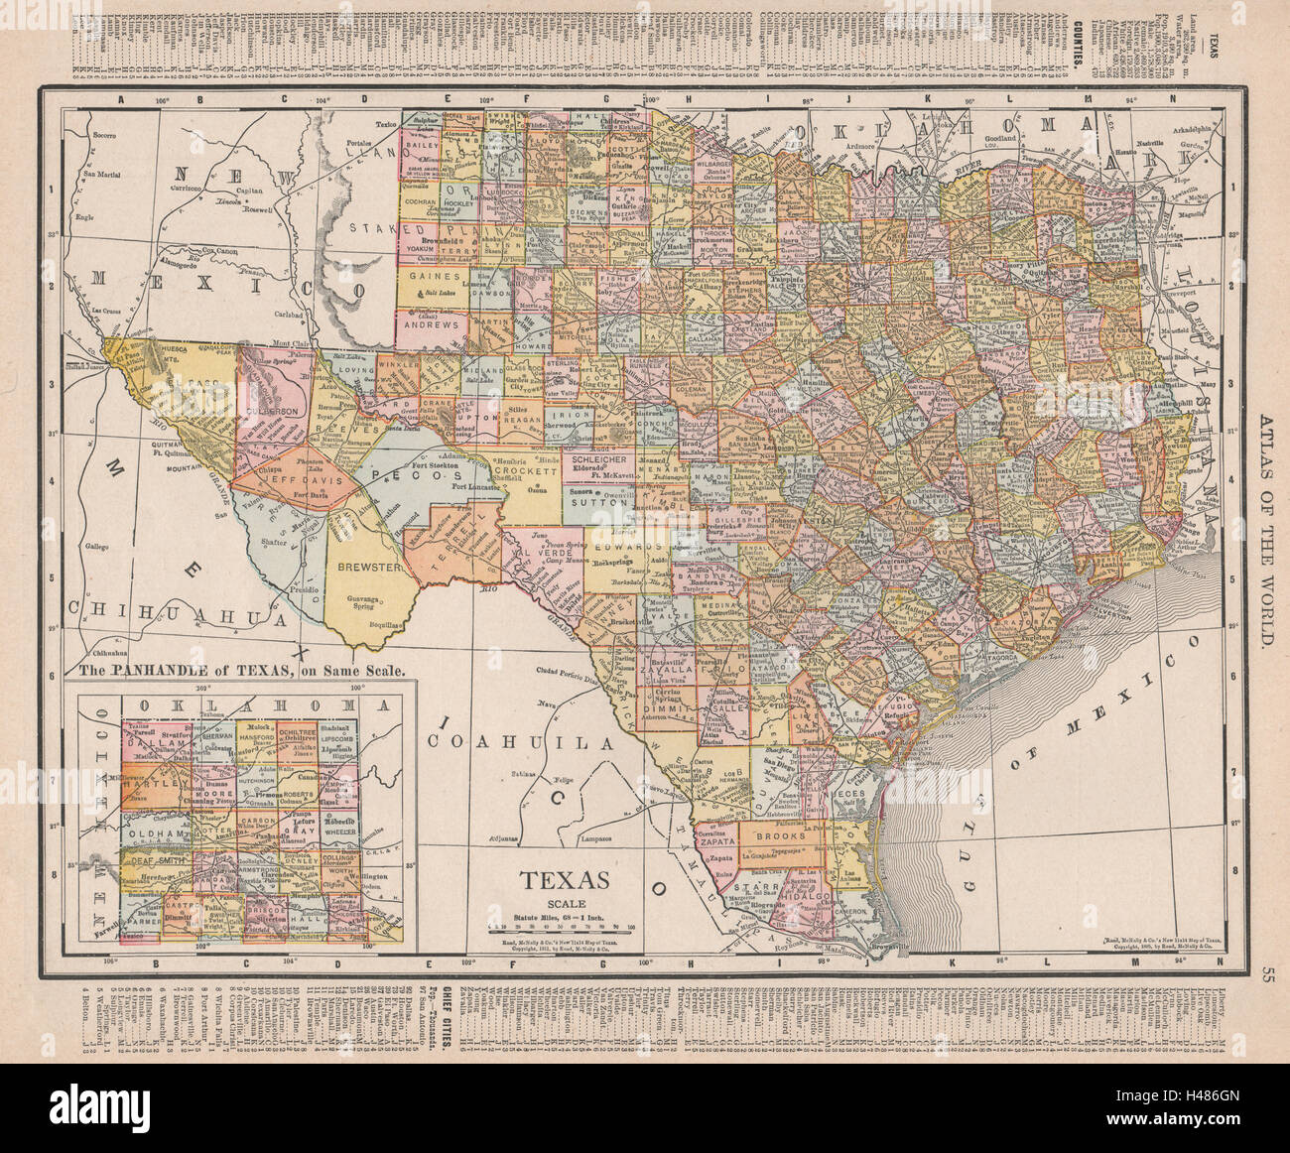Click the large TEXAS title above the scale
(566, 880)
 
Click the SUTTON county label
(598, 503)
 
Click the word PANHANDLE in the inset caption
(174, 670)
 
